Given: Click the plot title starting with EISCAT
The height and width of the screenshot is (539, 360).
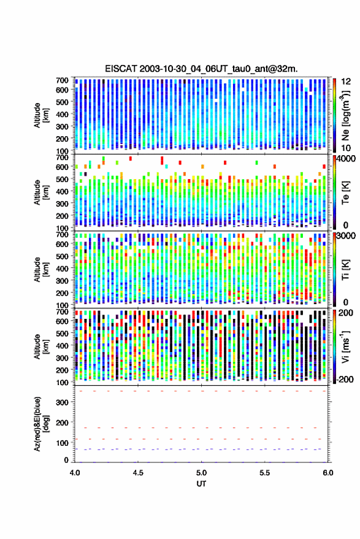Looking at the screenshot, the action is click(x=202, y=69).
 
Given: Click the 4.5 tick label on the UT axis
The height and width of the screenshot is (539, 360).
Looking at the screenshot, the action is click(x=138, y=473).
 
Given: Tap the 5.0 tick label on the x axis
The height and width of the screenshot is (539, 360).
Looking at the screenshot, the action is click(x=202, y=473).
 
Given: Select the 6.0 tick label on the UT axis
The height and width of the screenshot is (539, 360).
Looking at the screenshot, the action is click(x=328, y=473).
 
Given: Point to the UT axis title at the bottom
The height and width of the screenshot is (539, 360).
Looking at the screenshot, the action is click(x=202, y=484).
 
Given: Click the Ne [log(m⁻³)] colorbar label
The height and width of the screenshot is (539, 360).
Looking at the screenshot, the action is click(x=346, y=115).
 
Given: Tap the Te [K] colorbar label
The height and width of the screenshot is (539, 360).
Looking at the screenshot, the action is click(x=345, y=193).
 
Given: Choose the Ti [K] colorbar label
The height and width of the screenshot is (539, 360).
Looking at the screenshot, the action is click(x=345, y=270).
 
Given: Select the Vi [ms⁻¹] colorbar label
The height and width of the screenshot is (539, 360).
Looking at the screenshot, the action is click(x=345, y=346).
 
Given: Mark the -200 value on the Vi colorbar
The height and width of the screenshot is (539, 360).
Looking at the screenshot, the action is click(x=345, y=379).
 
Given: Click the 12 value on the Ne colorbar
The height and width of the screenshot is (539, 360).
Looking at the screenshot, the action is click(x=347, y=82).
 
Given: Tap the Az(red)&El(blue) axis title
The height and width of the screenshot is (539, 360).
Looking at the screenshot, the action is click(x=41, y=424).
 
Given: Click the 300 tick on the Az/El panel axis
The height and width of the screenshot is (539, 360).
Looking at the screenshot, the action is click(x=62, y=402).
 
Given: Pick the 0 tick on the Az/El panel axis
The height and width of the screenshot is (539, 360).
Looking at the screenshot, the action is click(x=66, y=460).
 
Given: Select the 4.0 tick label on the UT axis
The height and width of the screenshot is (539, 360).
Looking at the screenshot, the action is click(x=75, y=473).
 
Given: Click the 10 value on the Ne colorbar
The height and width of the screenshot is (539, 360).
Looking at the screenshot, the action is click(x=347, y=148).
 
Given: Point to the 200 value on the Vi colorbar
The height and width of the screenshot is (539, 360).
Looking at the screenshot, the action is click(x=346, y=313).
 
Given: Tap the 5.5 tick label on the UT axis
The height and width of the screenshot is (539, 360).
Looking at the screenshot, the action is click(x=265, y=473).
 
